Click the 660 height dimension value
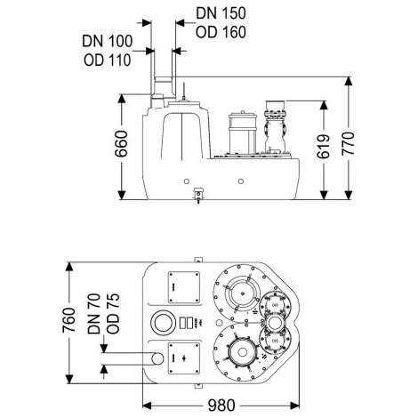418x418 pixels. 121,144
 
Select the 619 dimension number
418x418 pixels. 324,147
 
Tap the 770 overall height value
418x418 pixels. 349,144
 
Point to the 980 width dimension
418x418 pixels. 221,406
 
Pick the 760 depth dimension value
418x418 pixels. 69,320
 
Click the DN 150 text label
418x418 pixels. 221,13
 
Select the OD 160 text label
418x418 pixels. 221,32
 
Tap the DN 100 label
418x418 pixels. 108,41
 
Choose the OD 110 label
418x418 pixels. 108,60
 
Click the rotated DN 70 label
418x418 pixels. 94,314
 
